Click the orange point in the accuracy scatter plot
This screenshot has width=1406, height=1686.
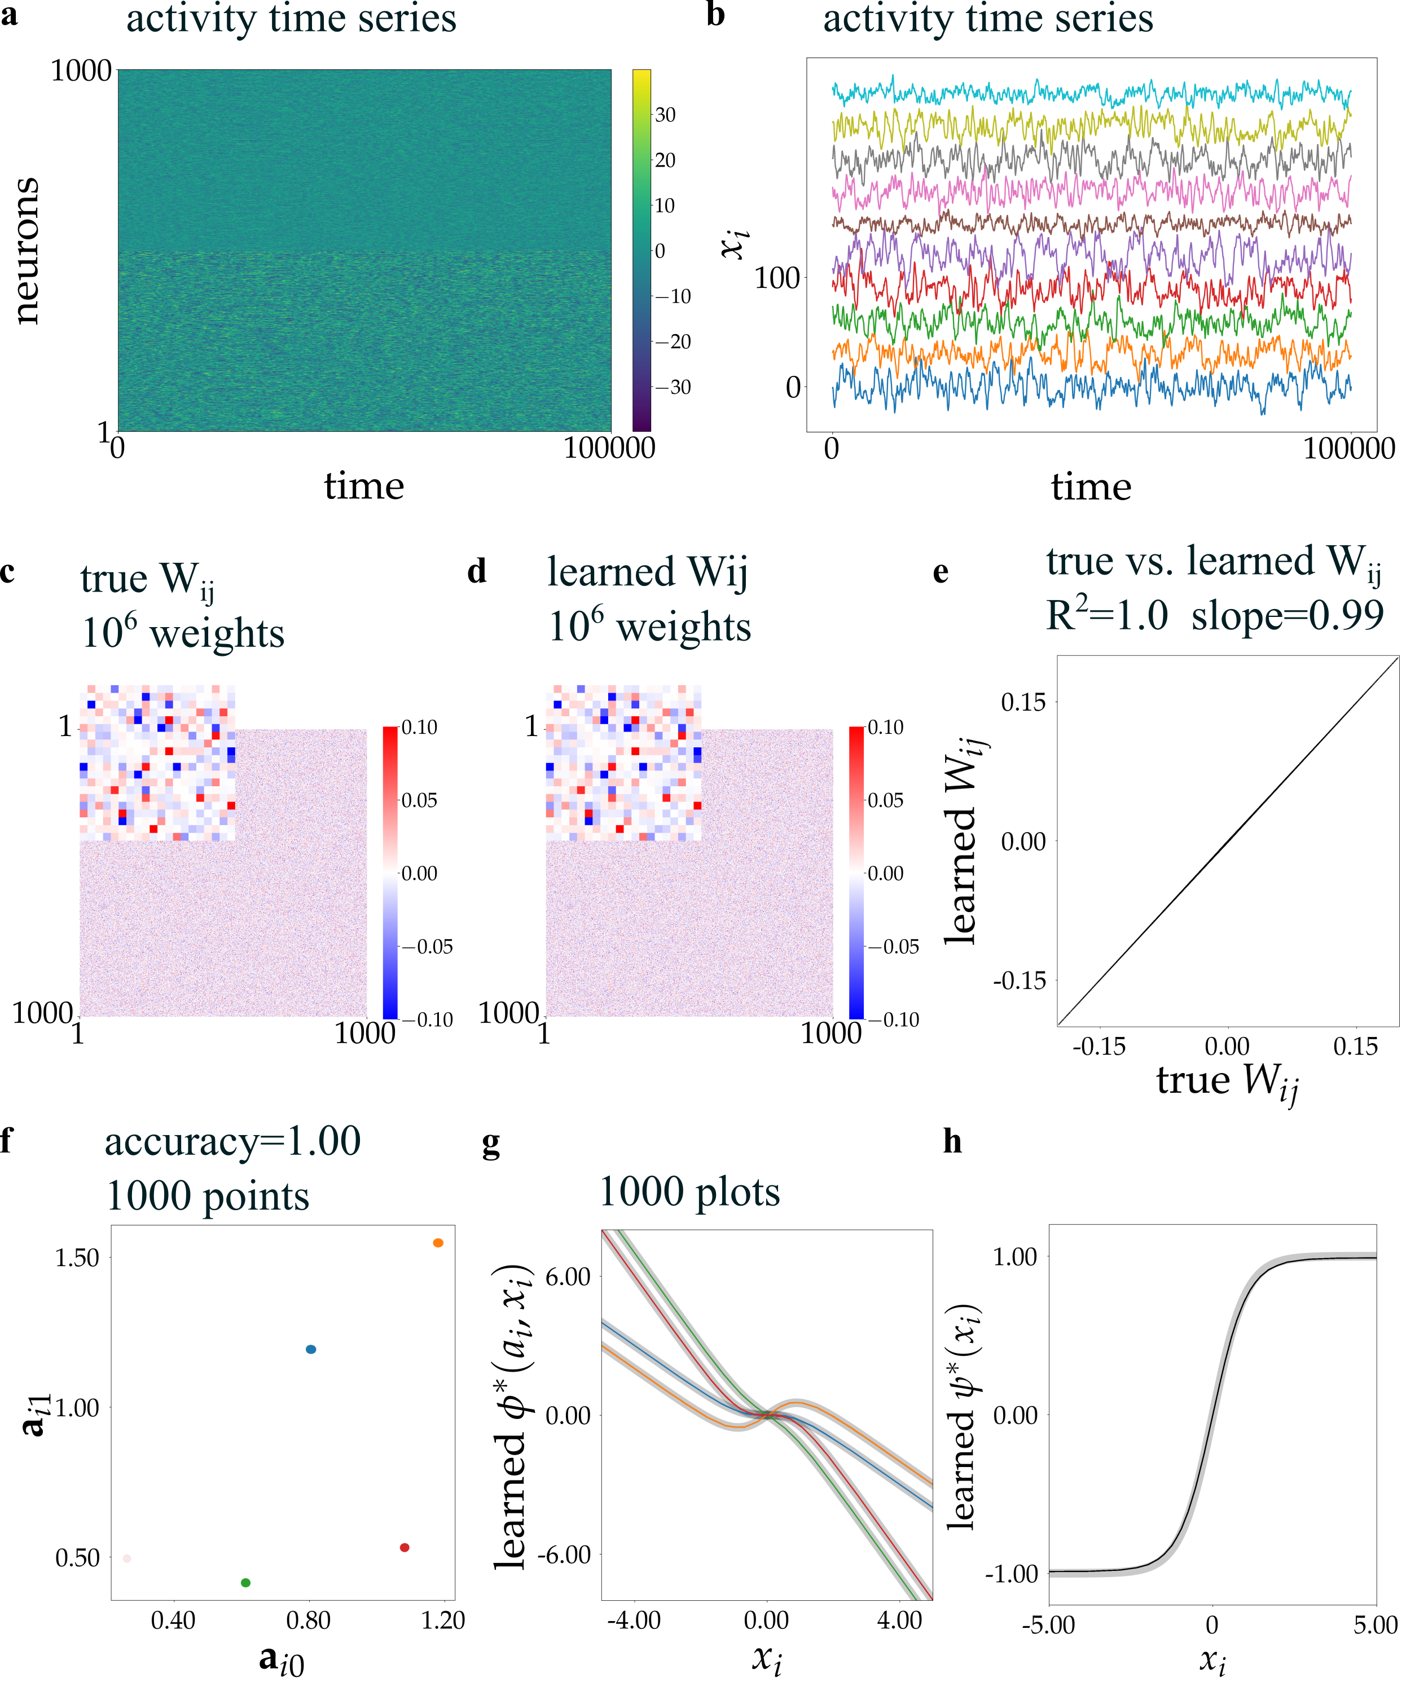coord(438,1243)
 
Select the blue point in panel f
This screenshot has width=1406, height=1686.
coord(311,1349)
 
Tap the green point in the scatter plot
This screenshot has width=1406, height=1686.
coord(245,1583)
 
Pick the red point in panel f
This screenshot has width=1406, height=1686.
coord(405,1547)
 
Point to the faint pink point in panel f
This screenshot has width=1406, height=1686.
coord(127,1558)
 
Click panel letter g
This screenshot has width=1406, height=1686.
coord(490,1143)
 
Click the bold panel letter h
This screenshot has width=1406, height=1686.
coord(952,1141)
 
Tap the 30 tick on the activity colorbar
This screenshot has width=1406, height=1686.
coord(665,115)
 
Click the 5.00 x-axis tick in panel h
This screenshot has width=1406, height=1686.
coord(1376,1625)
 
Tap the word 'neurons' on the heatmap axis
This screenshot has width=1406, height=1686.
coord(26,251)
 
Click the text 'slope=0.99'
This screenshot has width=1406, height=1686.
coord(1287,616)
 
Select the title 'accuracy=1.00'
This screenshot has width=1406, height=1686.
coord(232,1142)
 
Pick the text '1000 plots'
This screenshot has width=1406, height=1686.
coord(689,1192)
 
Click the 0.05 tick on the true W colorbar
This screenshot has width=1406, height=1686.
coord(419,800)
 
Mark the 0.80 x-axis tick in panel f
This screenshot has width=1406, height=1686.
coord(308,1620)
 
